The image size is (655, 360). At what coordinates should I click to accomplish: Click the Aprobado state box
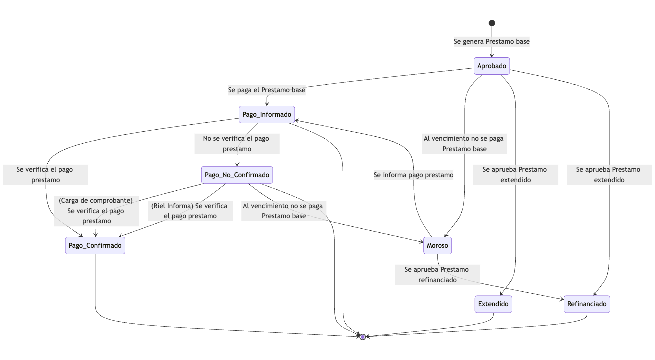click(x=492, y=66)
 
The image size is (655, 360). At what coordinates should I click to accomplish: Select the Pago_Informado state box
click(x=267, y=115)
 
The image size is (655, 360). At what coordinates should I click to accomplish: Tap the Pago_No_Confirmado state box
click(x=237, y=175)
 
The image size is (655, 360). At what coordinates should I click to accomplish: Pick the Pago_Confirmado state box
click(x=95, y=245)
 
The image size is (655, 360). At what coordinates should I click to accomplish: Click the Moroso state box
click(x=437, y=245)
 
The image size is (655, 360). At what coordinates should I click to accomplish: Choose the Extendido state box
click(x=493, y=304)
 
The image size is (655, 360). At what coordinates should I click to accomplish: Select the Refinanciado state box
click(x=587, y=304)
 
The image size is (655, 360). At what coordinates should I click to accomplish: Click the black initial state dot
click(x=492, y=23)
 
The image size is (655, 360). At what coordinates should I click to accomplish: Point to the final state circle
click(x=363, y=337)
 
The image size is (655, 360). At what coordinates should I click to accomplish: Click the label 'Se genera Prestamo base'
click(x=492, y=42)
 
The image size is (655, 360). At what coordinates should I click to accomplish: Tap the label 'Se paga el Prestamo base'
click(x=267, y=90)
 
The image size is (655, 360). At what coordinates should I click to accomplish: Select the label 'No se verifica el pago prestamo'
click(x=237, y=143)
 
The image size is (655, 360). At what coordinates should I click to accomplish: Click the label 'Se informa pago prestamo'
click(x=413, y=175)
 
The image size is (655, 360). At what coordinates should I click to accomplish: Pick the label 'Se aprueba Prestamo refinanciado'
click(x=438, y=274)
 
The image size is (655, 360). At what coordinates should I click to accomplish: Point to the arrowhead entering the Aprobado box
click(x=492, y=55)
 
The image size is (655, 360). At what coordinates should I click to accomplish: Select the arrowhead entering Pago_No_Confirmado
click(x=237, y=164)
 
